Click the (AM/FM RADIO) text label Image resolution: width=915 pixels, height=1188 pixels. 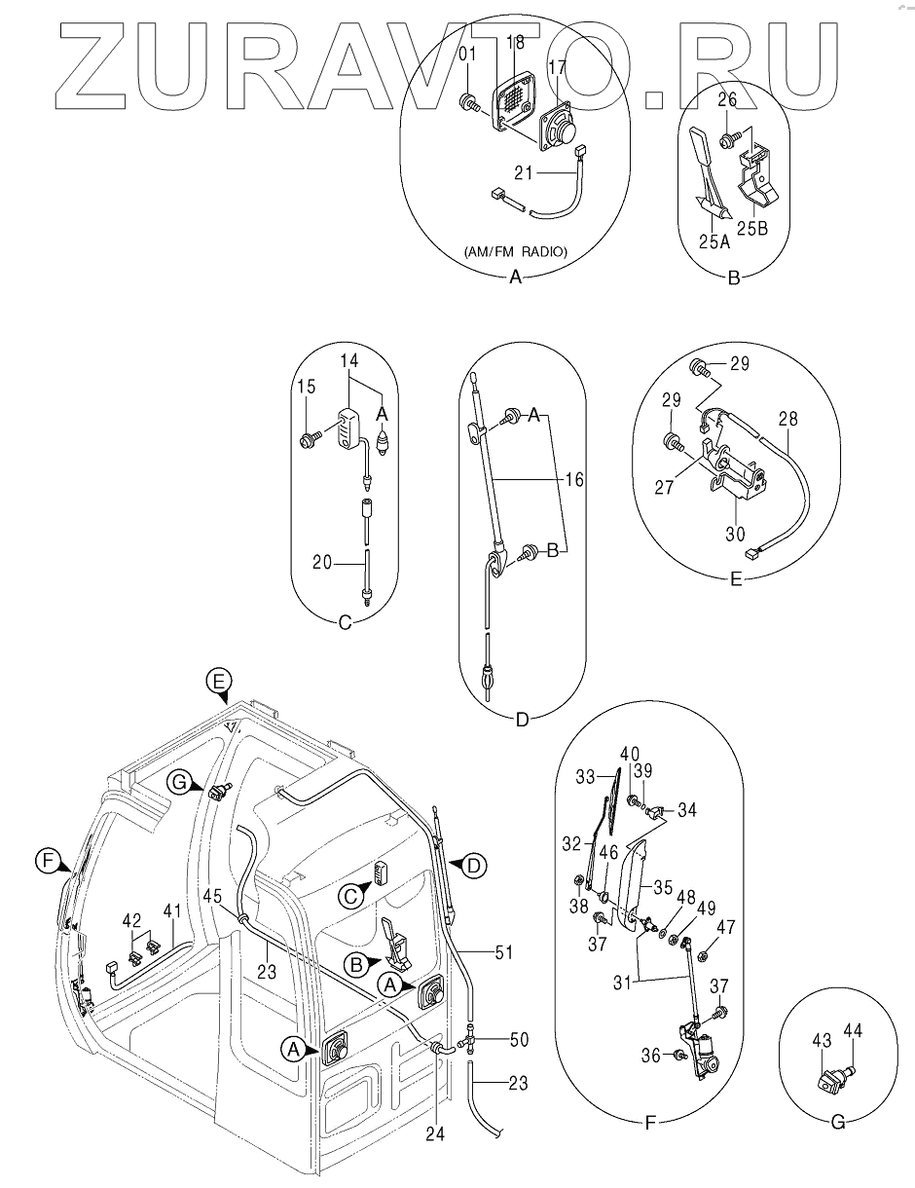pos(516,252)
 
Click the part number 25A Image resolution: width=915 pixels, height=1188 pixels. pos(714,241)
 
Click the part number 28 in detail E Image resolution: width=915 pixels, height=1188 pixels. pos(787,420)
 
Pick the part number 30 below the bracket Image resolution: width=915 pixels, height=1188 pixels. pos(737,533)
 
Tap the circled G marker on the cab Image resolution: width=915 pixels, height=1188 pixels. pos(177,781)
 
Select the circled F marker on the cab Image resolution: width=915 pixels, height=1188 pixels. pos(43,861)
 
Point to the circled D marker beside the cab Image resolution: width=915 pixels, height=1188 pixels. pos(473,865)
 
